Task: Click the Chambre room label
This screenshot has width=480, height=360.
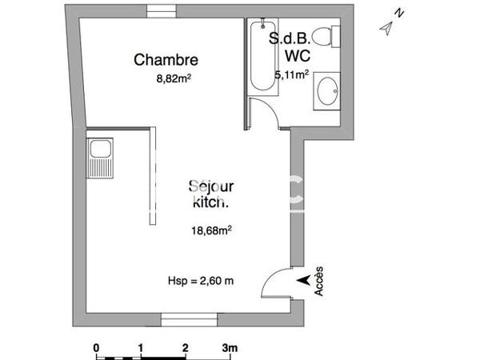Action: pos(166,59)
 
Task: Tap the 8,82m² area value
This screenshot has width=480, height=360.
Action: pos(173,78)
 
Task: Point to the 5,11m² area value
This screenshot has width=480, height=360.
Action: pos(291,75)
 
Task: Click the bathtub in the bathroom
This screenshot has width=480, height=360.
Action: pos(260,55)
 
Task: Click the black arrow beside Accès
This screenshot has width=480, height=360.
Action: pos(302,280)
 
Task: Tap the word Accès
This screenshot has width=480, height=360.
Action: pos(319,281)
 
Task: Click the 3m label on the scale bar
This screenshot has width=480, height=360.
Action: pos(230,348)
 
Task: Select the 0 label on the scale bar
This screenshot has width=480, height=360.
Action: pos(96,348)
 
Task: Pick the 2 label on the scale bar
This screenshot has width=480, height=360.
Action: pos(185,348)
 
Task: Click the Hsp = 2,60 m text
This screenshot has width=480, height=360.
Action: pos(201,281)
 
